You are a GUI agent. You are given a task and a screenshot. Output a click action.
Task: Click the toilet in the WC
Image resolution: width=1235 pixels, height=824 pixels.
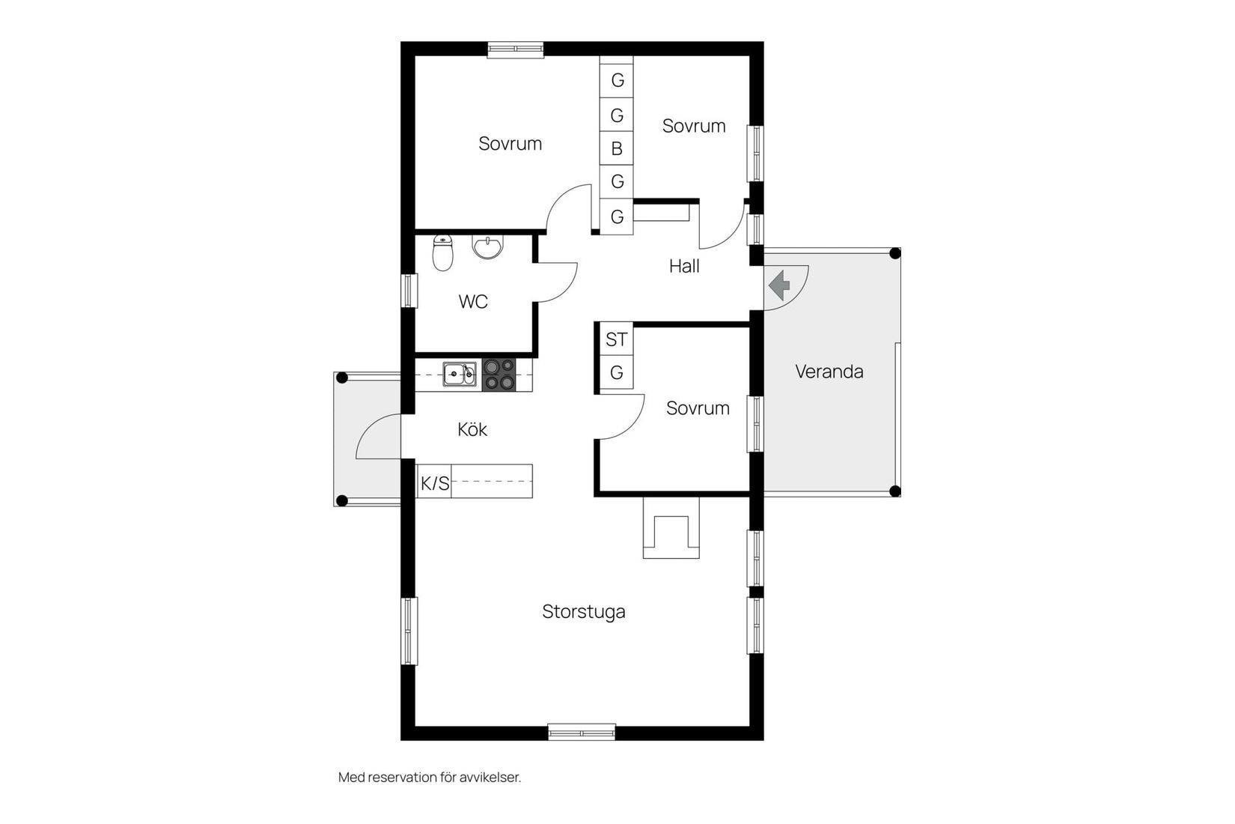[x=442, y=252]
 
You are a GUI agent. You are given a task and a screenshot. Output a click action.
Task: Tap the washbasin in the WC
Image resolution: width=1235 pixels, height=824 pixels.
[x=487, y=247]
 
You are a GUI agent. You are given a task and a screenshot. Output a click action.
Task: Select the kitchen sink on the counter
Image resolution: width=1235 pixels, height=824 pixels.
[x=460, y=375]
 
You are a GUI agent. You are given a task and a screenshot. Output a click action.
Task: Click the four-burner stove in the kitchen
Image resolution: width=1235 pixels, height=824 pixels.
[x=499, y=375]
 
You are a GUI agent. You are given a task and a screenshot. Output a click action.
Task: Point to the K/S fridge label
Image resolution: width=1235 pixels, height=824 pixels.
[x=435, y=483]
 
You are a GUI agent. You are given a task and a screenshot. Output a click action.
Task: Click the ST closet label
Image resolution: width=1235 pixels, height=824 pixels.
[x=617, y=339]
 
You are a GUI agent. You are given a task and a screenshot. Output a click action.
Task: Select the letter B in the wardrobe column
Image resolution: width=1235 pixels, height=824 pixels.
[x=617, y=148]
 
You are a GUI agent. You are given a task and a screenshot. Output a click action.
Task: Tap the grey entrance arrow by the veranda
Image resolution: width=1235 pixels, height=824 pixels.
[x=779, y=285]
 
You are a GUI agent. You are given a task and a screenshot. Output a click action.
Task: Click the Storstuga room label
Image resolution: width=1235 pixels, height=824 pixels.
[x=583, y=611]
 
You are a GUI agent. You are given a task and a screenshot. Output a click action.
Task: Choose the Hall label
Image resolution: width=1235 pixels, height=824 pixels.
[x=684, y=266]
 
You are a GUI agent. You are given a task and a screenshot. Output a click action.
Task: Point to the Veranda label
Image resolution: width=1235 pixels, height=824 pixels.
[x=829, y=372]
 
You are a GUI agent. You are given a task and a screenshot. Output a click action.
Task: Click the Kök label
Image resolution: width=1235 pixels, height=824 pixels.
[x=472, y=428]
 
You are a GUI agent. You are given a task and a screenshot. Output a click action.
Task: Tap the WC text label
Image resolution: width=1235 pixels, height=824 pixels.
[x=473, y=301]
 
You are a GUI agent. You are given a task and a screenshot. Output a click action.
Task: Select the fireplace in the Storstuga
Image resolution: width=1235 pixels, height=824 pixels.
[x=671, y=527]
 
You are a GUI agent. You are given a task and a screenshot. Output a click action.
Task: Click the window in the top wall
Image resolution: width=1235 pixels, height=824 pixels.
[x=516, y=49]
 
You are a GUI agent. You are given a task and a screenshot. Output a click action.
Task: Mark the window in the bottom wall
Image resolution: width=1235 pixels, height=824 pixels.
[x=582, y=732]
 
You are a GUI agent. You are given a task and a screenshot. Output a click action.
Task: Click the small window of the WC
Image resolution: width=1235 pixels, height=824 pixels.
[x=409, y=291]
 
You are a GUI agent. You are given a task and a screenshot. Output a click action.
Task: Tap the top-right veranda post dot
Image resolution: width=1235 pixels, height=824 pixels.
[x=895, y=253]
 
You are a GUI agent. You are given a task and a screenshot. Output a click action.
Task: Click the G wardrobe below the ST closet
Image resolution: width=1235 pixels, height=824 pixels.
[x=617, y=372]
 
